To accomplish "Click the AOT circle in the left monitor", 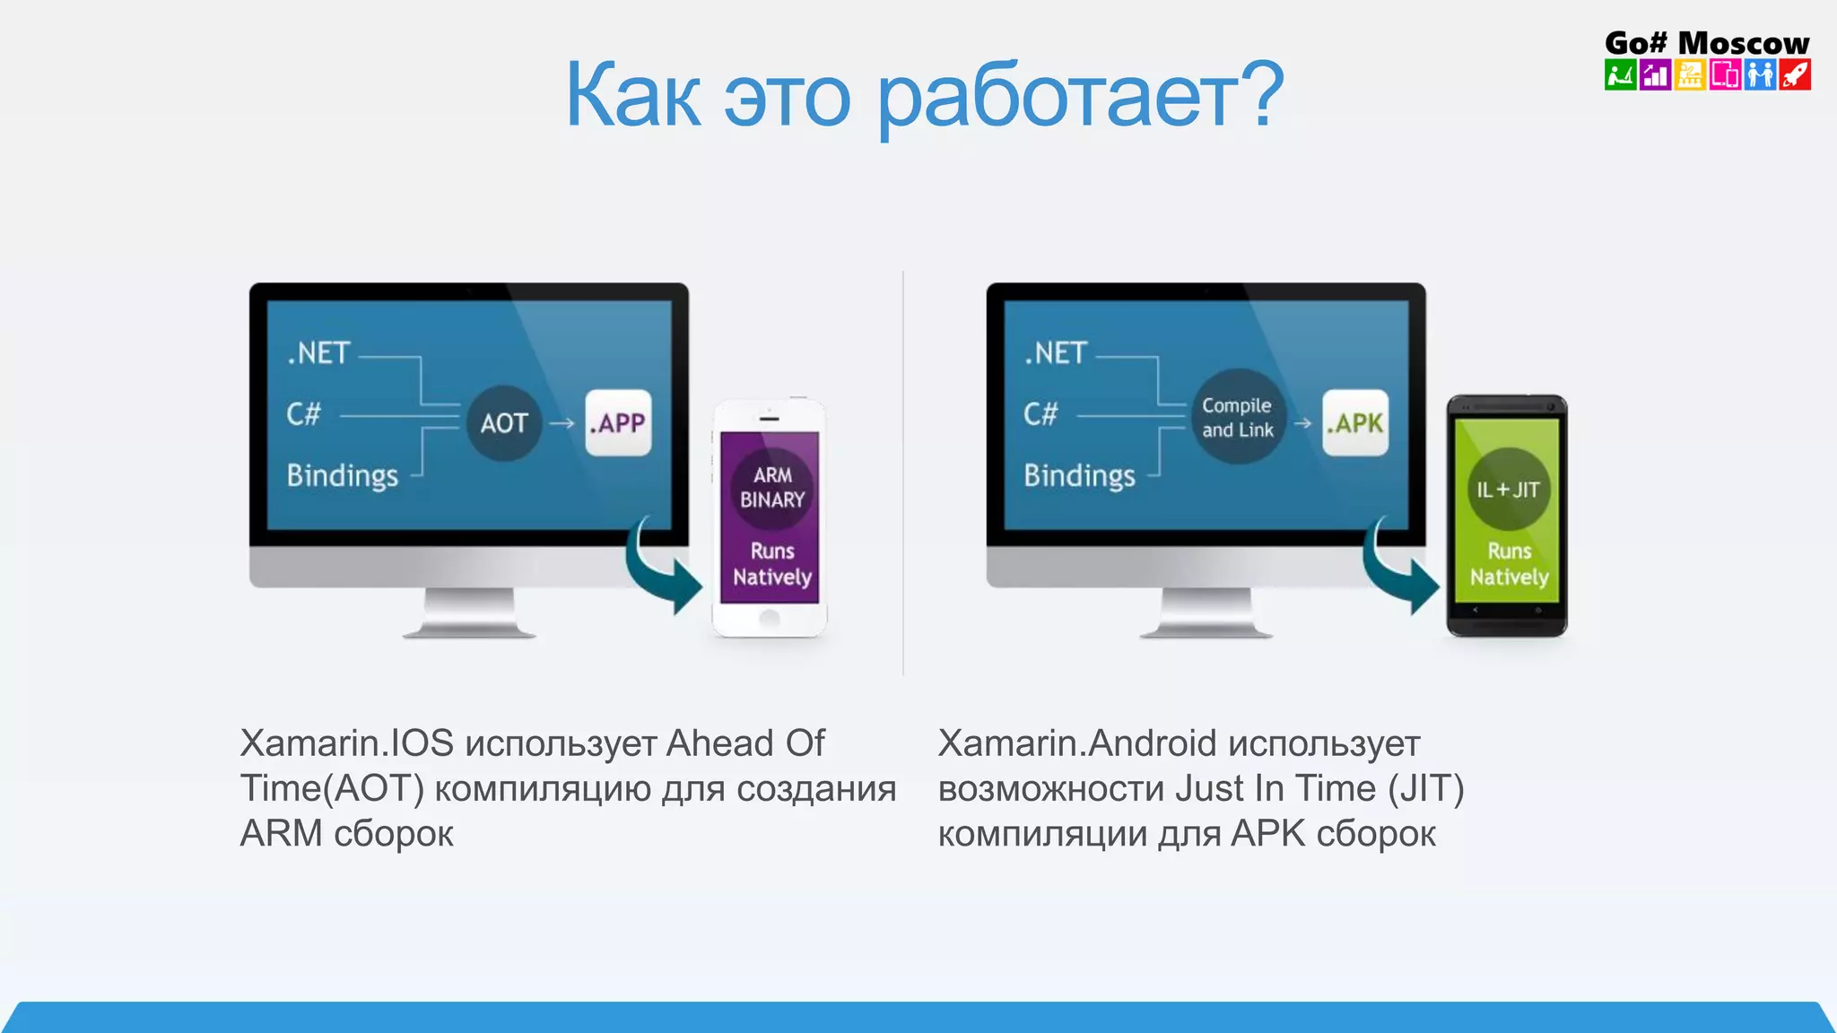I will pyautogui.click(x=504, y=423).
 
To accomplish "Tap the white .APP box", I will pyautogui.click(x=618, y=422).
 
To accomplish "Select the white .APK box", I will pyautogui.click(x=1355, y=422).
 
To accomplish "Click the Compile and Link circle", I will pyautogui.click(x=1238, y=417).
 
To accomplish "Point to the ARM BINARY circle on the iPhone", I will pyautogui.click(x=771, y=487).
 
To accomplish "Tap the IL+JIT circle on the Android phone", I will pyautogui.click(x=1508, y=489).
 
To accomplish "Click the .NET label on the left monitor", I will pyautogui.click(x=318, y=353).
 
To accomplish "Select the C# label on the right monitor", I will pyautogui.click(x=1040, y=414).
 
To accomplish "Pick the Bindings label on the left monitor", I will pyautogui.click(x=342, y=475).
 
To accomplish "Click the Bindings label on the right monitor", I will pyautogui.click(x=1079, y=475).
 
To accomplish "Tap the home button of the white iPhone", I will pyautogui.click(x=770, y=618).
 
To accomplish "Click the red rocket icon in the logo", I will pyautogui.click(x=1795, y=74).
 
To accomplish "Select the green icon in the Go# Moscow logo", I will pyautogui.click(x=1620, y=74).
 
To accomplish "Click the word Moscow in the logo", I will pyautogui.click(x=1743, y=42).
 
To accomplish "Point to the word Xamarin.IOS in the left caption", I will pyautogui.click(x=347, y=743).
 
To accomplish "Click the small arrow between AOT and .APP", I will pyautogui.click(x=562, y=423).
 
